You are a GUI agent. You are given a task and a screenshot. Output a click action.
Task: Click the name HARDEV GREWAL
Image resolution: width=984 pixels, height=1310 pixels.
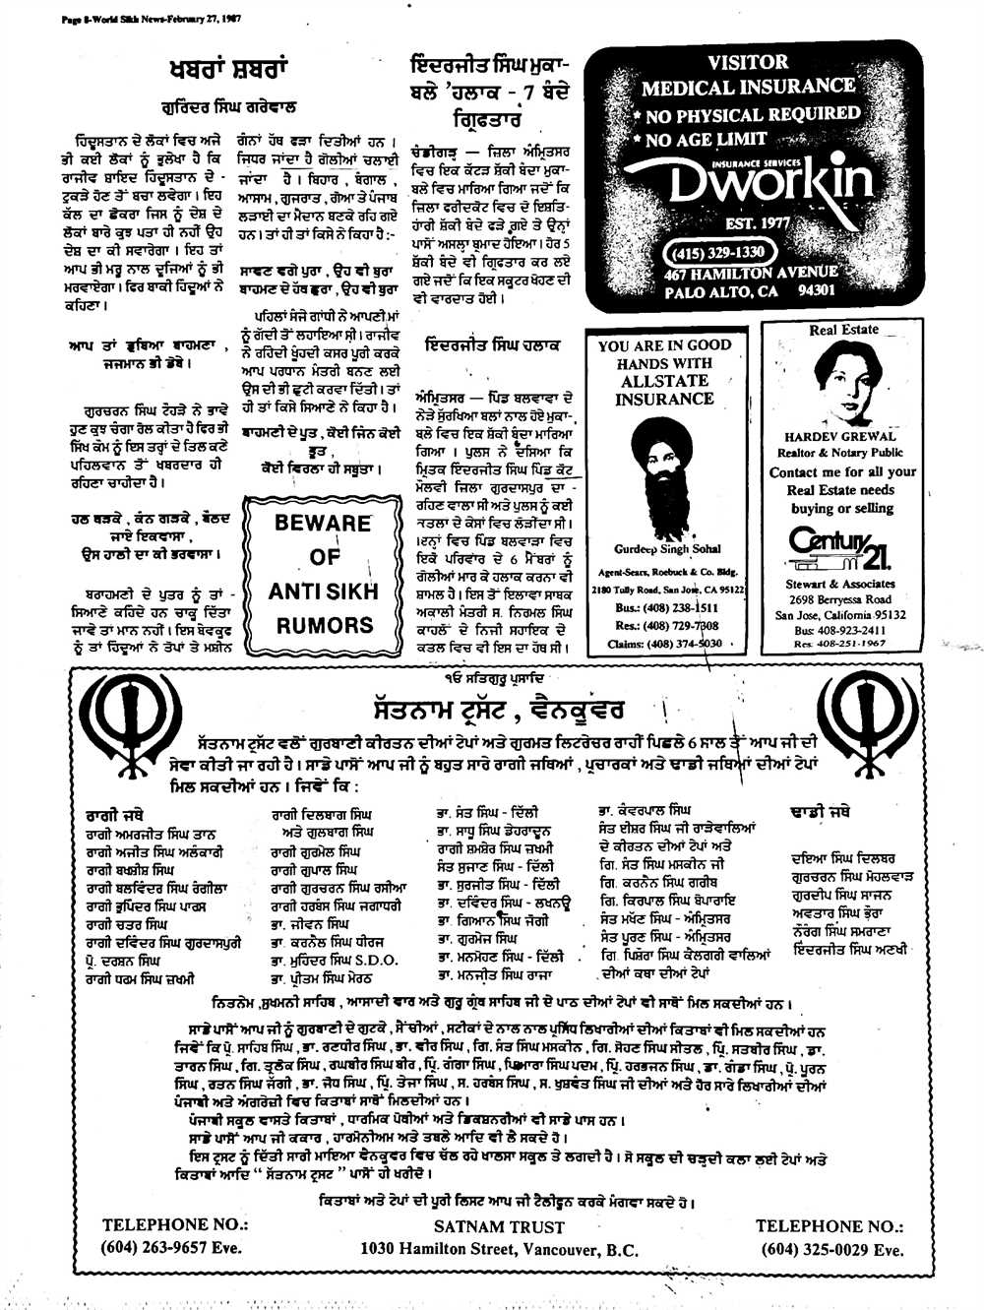(839, 436)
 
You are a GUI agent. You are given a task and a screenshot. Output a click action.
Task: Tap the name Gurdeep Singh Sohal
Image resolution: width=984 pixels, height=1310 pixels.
(667, 549)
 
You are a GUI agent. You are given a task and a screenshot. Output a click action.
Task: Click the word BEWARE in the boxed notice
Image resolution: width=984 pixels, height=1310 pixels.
(322, 523)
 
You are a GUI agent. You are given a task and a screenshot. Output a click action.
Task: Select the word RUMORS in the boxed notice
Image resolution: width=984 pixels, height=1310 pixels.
(324, 624)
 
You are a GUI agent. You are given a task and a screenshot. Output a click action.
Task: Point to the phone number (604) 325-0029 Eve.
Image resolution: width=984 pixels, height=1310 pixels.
(831, 1249)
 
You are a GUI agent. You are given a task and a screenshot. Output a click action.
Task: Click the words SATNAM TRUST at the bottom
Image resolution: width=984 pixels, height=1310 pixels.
(499, 1227)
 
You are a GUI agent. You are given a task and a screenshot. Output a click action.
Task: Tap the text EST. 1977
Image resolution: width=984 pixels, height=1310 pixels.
(757, 223)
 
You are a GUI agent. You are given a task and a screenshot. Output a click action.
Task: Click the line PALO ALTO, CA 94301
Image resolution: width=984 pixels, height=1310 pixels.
(749, 291)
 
